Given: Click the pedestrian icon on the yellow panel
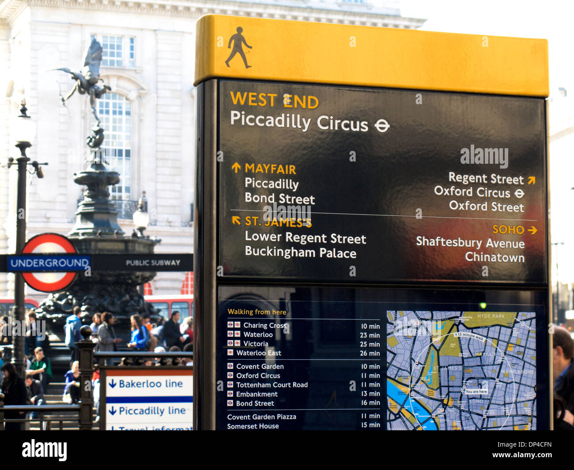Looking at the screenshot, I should point(238,48).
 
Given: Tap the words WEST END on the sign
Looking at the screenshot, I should point(274,100).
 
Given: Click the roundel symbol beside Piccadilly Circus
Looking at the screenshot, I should point(382,126).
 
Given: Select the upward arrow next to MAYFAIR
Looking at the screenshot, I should point(236,168).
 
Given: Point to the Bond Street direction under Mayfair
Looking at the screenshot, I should point(279,199).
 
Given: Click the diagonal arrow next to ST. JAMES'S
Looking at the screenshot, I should point(236,220).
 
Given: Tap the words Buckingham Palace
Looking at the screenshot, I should point(300,252).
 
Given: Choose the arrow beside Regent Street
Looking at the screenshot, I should point(531,180).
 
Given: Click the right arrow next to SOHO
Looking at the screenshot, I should point(532,230).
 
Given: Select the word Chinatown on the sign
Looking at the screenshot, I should point(495,257).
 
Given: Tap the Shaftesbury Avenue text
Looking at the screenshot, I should point(470,243).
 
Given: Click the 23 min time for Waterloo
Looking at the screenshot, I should point(370,335).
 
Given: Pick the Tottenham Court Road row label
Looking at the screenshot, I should point(272,385).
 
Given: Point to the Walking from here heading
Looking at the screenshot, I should point(257,312).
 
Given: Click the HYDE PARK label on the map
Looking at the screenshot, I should point(491,316).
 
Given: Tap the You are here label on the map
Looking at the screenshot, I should point(476,391).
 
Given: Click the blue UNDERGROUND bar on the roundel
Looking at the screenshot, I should point(49,263).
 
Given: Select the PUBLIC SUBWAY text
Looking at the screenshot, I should point(153,263).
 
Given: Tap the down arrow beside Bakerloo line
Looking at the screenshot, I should point(113,384).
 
